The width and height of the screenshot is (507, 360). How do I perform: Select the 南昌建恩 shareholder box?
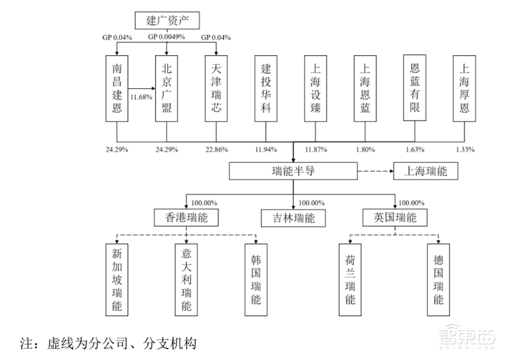(x=117, y=88)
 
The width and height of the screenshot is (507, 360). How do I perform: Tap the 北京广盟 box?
(x=167, y=88)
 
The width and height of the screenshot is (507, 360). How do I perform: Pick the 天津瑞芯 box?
(x=216, y=88)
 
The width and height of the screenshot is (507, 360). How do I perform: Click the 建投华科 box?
(x=266, y=88)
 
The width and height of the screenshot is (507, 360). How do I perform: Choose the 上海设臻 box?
(x=316, y=88)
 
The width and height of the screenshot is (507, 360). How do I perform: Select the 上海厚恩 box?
(x=465, y=88)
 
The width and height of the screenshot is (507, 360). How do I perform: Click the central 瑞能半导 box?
(x=293, y=171)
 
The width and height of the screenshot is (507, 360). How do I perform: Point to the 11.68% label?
(x=141, y=98)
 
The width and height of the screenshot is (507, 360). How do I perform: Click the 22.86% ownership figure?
(x=217, y=150)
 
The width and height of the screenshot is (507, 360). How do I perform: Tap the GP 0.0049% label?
(x=167, y=37)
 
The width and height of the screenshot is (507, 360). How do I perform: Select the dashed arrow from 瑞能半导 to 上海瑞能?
(x=375, y=171)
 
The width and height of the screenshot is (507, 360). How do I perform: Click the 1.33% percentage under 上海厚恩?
(x=465, y=150)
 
